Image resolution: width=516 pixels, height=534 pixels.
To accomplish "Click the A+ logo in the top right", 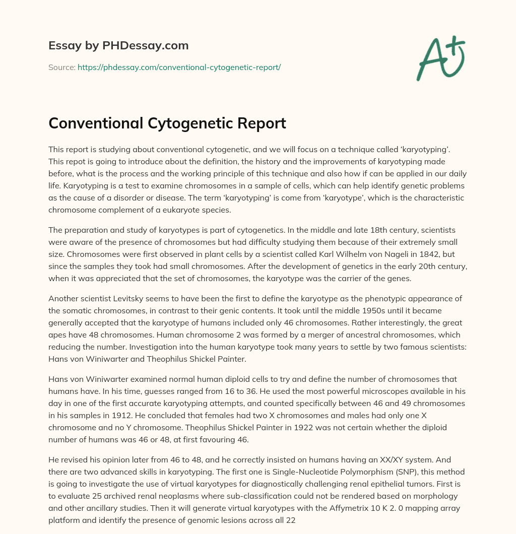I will point(440,58).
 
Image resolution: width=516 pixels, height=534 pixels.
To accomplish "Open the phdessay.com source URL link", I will point(179,67).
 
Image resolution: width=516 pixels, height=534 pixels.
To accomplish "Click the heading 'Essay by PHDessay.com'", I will point(118,46).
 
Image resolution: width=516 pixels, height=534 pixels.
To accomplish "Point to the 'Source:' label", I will point(61,67).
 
